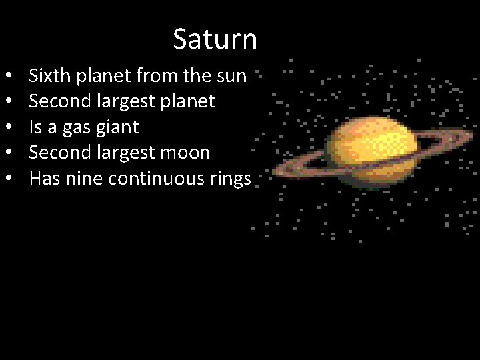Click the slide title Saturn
coord(215,39)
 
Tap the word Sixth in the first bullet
coord(52,75)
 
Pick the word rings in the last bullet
coord(229,178)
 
